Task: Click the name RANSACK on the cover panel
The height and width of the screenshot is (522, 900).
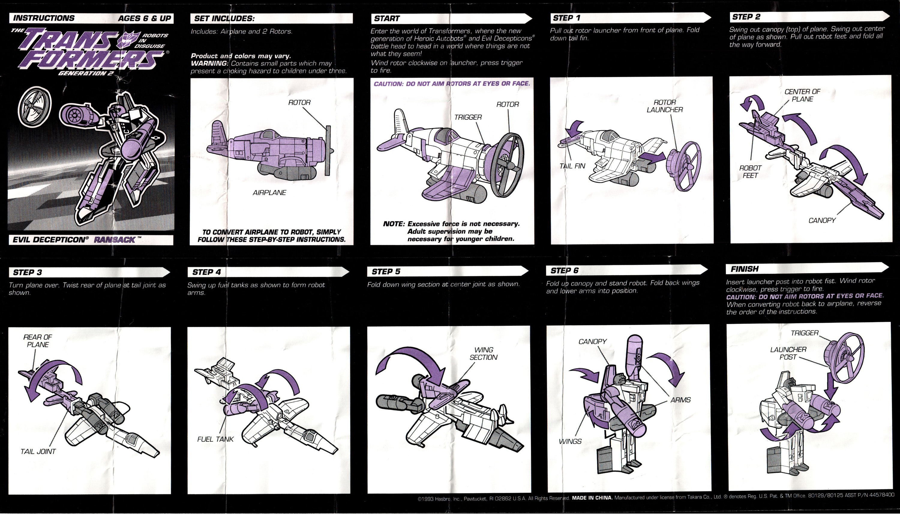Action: (114, 240)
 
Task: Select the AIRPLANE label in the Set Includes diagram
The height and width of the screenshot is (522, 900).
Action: (269, 193)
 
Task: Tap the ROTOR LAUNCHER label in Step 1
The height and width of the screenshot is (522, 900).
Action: (664, 106)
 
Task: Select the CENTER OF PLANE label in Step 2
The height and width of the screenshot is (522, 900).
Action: (802, 95)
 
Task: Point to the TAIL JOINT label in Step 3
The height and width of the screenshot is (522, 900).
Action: (38, 451)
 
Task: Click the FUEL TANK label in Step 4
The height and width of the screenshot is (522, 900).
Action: (215, 439)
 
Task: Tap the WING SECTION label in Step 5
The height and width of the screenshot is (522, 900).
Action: (483, 353)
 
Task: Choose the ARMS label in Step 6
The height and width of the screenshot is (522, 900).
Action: (680, 400)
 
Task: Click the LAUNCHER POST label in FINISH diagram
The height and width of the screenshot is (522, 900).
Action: (788, 353)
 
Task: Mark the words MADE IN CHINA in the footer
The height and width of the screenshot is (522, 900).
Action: (592, 498)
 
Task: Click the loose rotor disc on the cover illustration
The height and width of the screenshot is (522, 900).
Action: (34, 107)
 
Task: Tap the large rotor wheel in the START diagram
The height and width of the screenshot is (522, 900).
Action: (507, 165)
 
